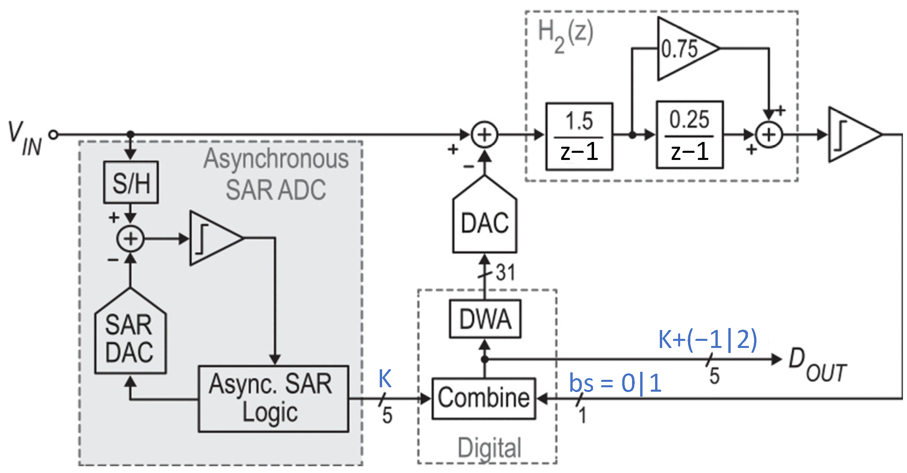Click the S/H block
click(x=131, y=182)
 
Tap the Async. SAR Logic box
click(x=273, y=399)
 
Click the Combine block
click(x=484, y=398)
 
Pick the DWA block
click(x=485, y=319)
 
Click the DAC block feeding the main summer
click(x=485, y=222)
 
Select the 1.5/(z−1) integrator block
click(x=579, y=137)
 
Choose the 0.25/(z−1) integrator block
click(x=689, y=135)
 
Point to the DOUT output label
click(x=817, y=365)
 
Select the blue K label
click(x=385, y=379)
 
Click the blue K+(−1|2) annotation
click(x=708, y=340)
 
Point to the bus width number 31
click(x=505, y=272)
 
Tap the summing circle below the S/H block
click(x=130, y=239)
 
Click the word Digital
click(x=489, y=447)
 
